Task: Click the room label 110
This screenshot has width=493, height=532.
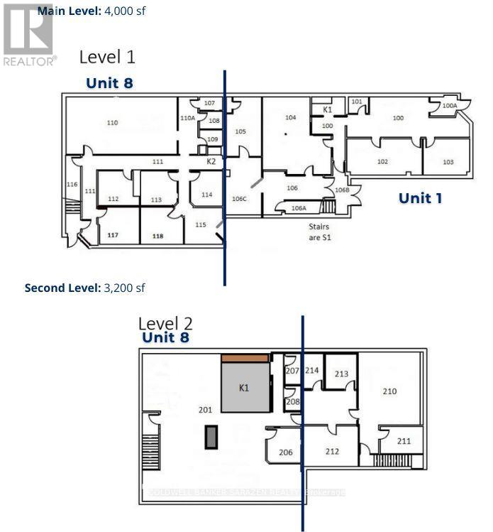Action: (112, 123)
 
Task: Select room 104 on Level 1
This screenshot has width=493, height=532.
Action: (290, 116)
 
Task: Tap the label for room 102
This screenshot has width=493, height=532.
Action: (382, 162)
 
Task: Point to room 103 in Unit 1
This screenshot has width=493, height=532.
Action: (448, 162)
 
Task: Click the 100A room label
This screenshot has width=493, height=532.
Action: (449, 106)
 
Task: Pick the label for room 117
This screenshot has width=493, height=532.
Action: (112, 234)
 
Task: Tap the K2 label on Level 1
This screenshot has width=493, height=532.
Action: (211, 162)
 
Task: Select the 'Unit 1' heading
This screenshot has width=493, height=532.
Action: (420, 197)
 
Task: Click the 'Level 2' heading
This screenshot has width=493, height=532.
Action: (165, 323)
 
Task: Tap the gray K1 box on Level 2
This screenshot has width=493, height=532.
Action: (245, 388)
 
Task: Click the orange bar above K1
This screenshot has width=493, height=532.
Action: (245, 358)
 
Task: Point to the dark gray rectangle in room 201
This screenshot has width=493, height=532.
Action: (211, 437)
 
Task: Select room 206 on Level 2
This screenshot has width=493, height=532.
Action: (284, 452)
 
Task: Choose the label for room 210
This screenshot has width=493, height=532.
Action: (389, 391)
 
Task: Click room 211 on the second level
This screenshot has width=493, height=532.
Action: (404, 441)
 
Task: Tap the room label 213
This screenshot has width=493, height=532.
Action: (341, 374)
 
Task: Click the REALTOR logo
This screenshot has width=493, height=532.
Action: (29, 33)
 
